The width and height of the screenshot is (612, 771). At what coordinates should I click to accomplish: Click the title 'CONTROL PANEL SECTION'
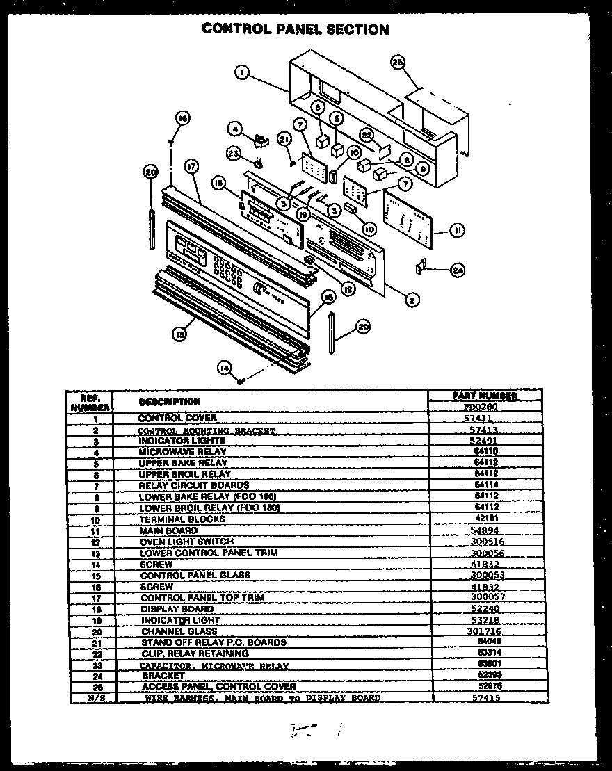tap(295, 29)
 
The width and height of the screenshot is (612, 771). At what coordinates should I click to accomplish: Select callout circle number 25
tap(397, 63)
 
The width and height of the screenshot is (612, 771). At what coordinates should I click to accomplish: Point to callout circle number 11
tap(457, 230)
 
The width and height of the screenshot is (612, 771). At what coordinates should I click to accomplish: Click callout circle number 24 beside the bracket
tap(458, 270)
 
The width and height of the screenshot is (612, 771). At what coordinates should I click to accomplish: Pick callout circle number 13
tap(179, 334)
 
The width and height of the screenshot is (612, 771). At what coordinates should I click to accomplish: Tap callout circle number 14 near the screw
tap(224, 369)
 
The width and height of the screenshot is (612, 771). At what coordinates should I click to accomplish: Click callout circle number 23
tap(234, 153)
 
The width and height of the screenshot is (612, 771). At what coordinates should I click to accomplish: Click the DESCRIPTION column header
tap(170, 402)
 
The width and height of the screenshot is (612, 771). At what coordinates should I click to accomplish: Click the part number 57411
tap(477, 419)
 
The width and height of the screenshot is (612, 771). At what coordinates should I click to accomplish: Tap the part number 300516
tap(487, 542)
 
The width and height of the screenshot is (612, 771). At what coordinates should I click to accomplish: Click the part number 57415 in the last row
tap(485, 697)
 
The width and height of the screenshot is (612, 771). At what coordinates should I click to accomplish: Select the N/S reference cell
tap(91, 697)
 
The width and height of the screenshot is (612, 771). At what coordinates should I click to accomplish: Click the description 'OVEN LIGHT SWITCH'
tap(186, 542)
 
